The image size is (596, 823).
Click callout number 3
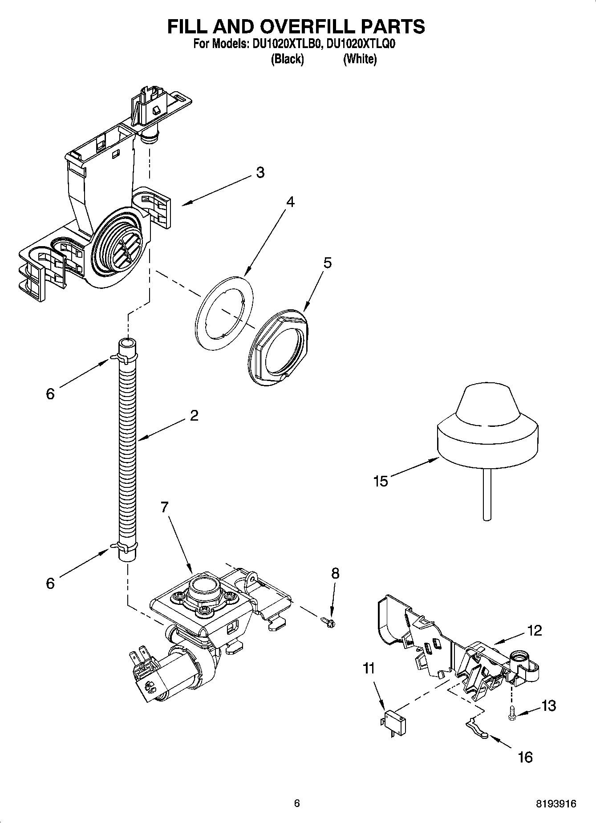260,172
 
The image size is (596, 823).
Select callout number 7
164,507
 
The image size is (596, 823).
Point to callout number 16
525,757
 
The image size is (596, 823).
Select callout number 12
535,630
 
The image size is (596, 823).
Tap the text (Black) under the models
287,59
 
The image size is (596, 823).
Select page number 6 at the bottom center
297,803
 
